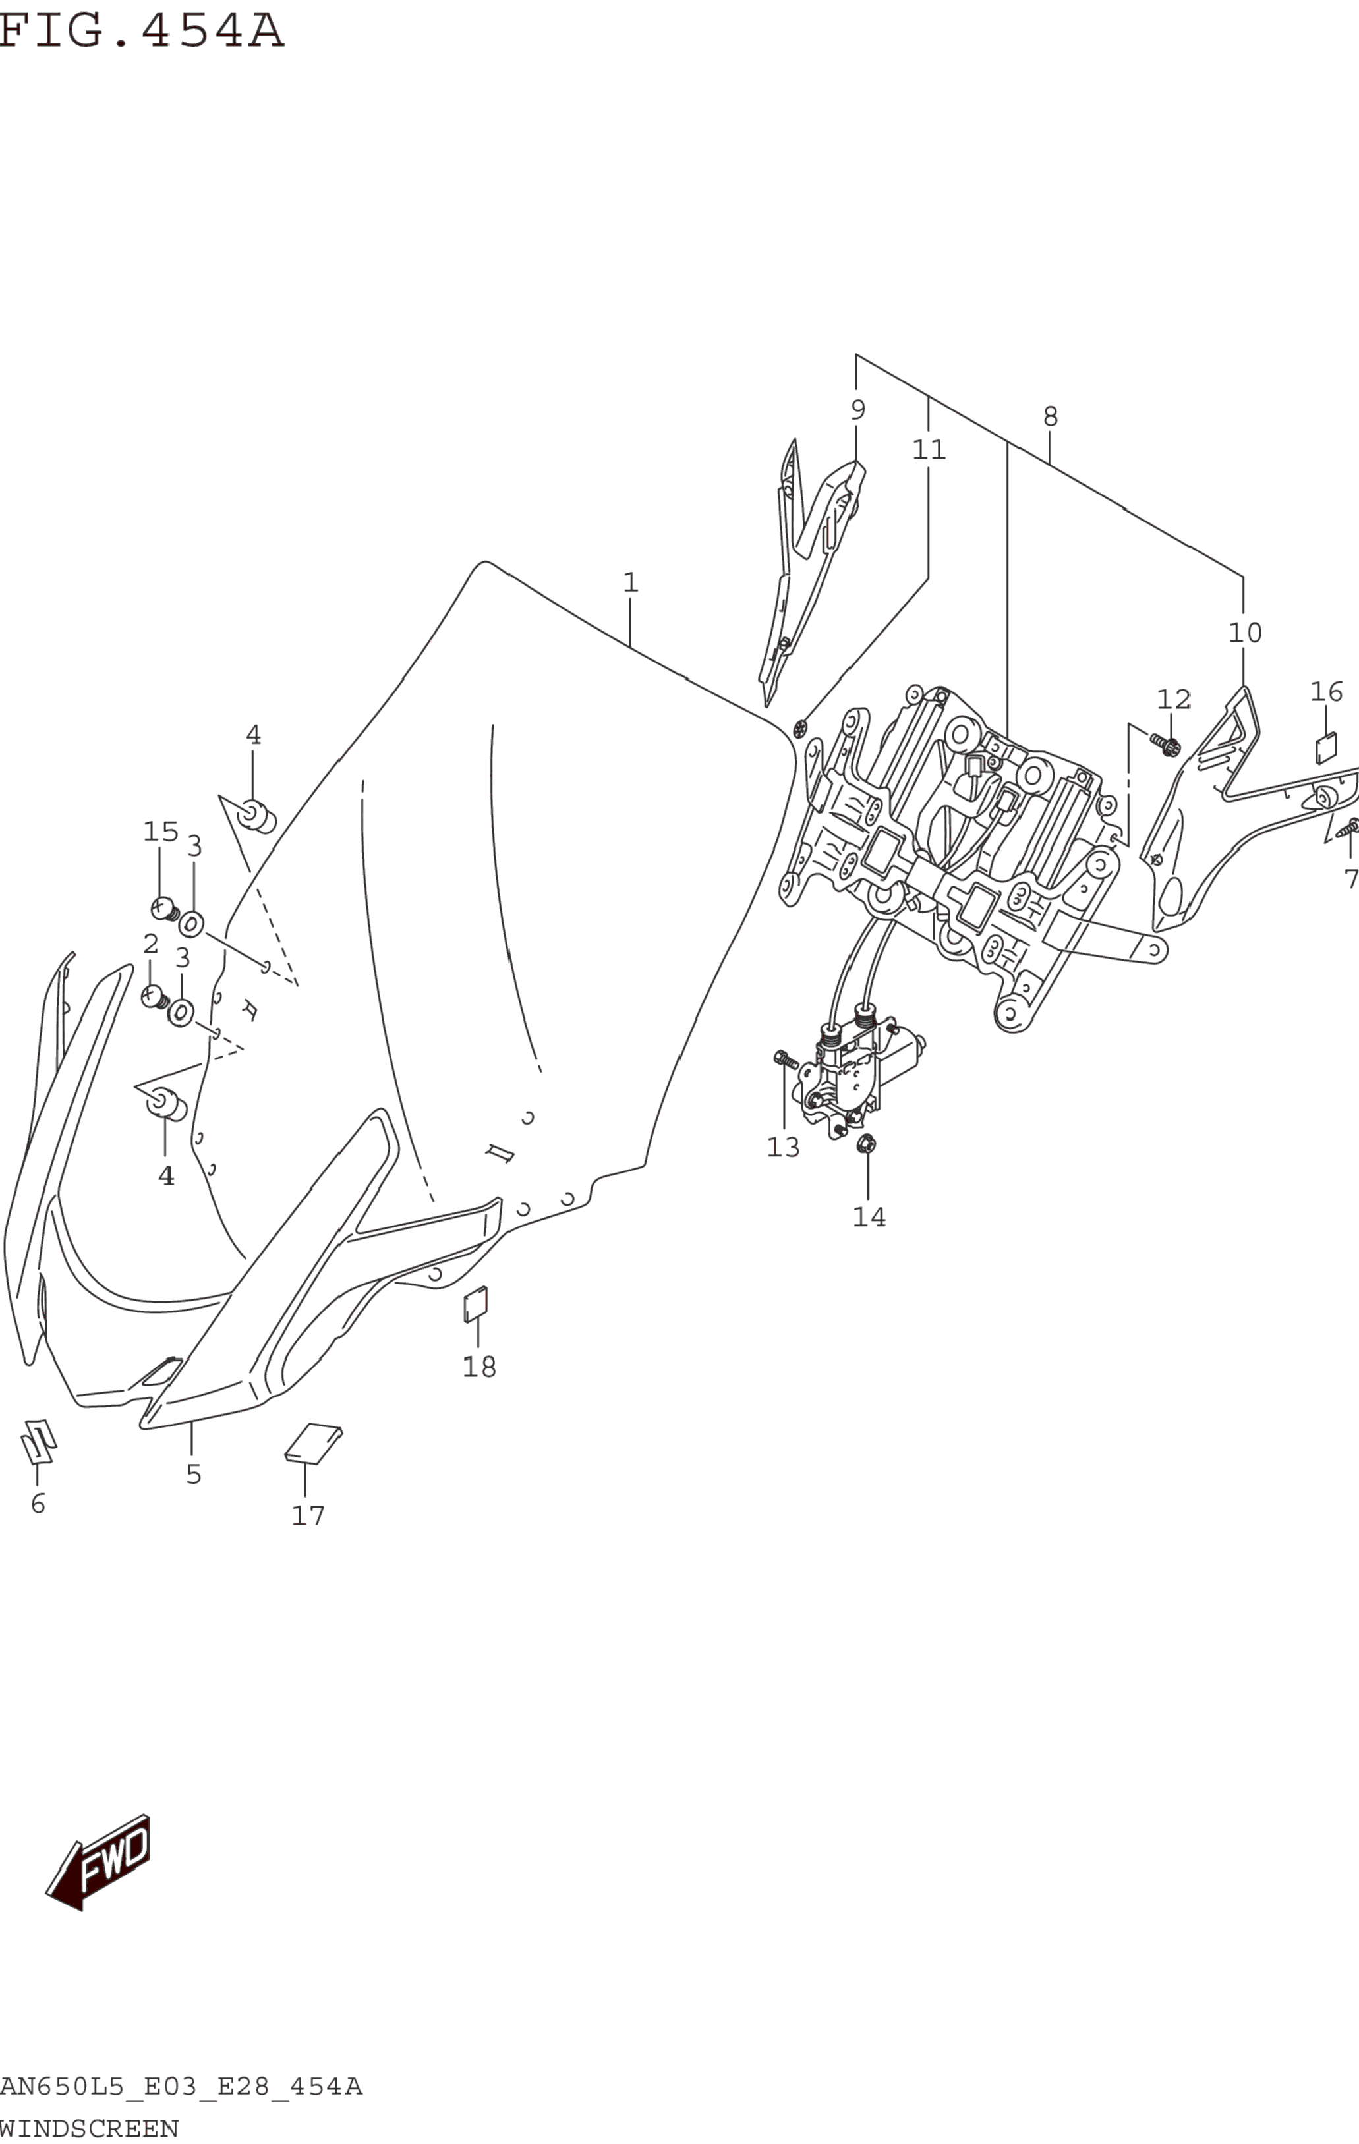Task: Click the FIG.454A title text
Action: (x=140, y=31)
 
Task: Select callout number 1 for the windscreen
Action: (x=631, y=583)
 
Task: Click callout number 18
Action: (x=479, y=1367)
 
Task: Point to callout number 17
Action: (x=308, y=1515)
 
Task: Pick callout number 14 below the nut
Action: (x=869, y=1216)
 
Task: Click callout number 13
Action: (x=784, y=1147)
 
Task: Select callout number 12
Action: (x=1174, y=700)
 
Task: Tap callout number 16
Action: (x=1326, y=691)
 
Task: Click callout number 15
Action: (x=160, y=832)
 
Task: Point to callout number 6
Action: (x=38, y=1504)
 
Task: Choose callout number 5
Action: (x=193, y=1475)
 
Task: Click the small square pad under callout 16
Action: (x=1326, y=748)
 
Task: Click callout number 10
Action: (x=1245, y=633)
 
